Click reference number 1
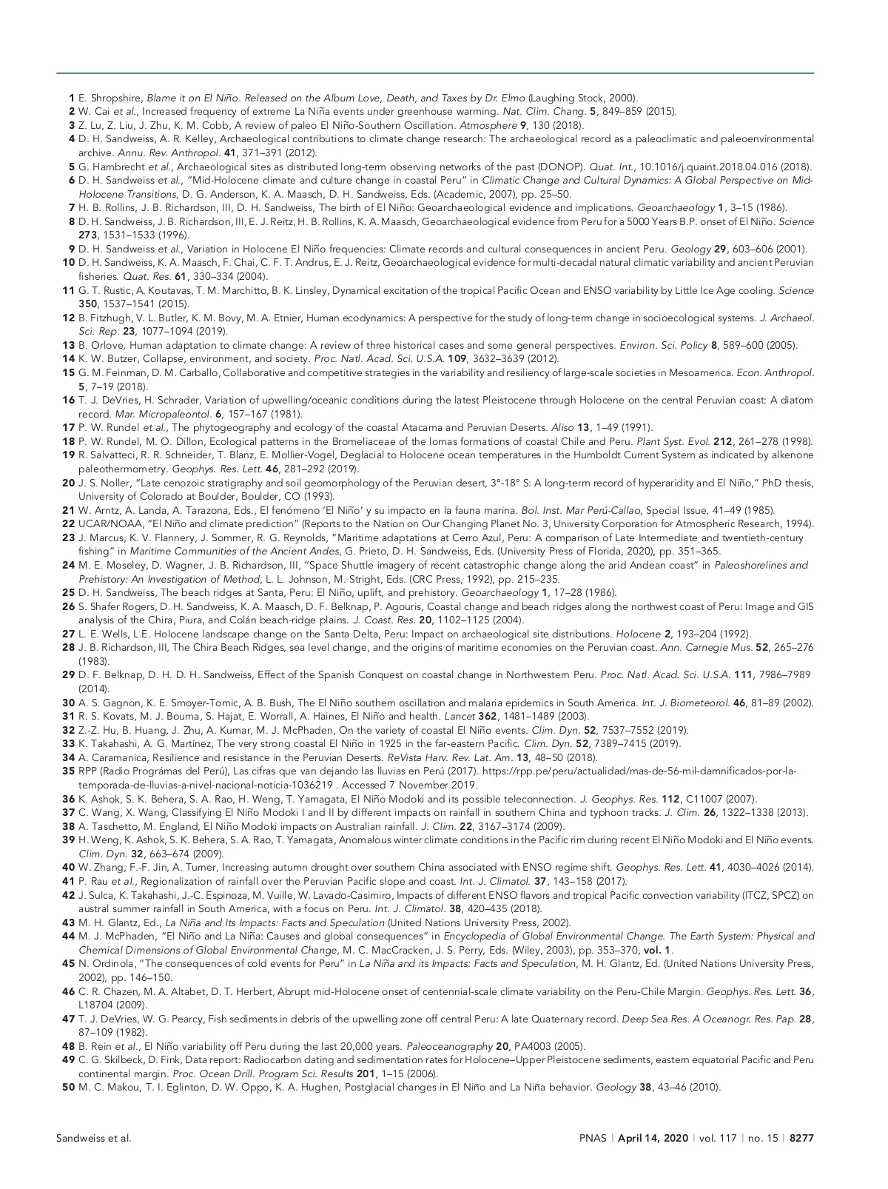coord(71,98)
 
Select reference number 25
coord(68,592)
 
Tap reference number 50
coord(68,1087)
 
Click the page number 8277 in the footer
coord(801,1138)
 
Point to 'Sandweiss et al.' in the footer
coord(94,1138)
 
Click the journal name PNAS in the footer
coord(592,1138)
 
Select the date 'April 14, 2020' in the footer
coord(653,1138)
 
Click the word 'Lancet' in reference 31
coord(456,716)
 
